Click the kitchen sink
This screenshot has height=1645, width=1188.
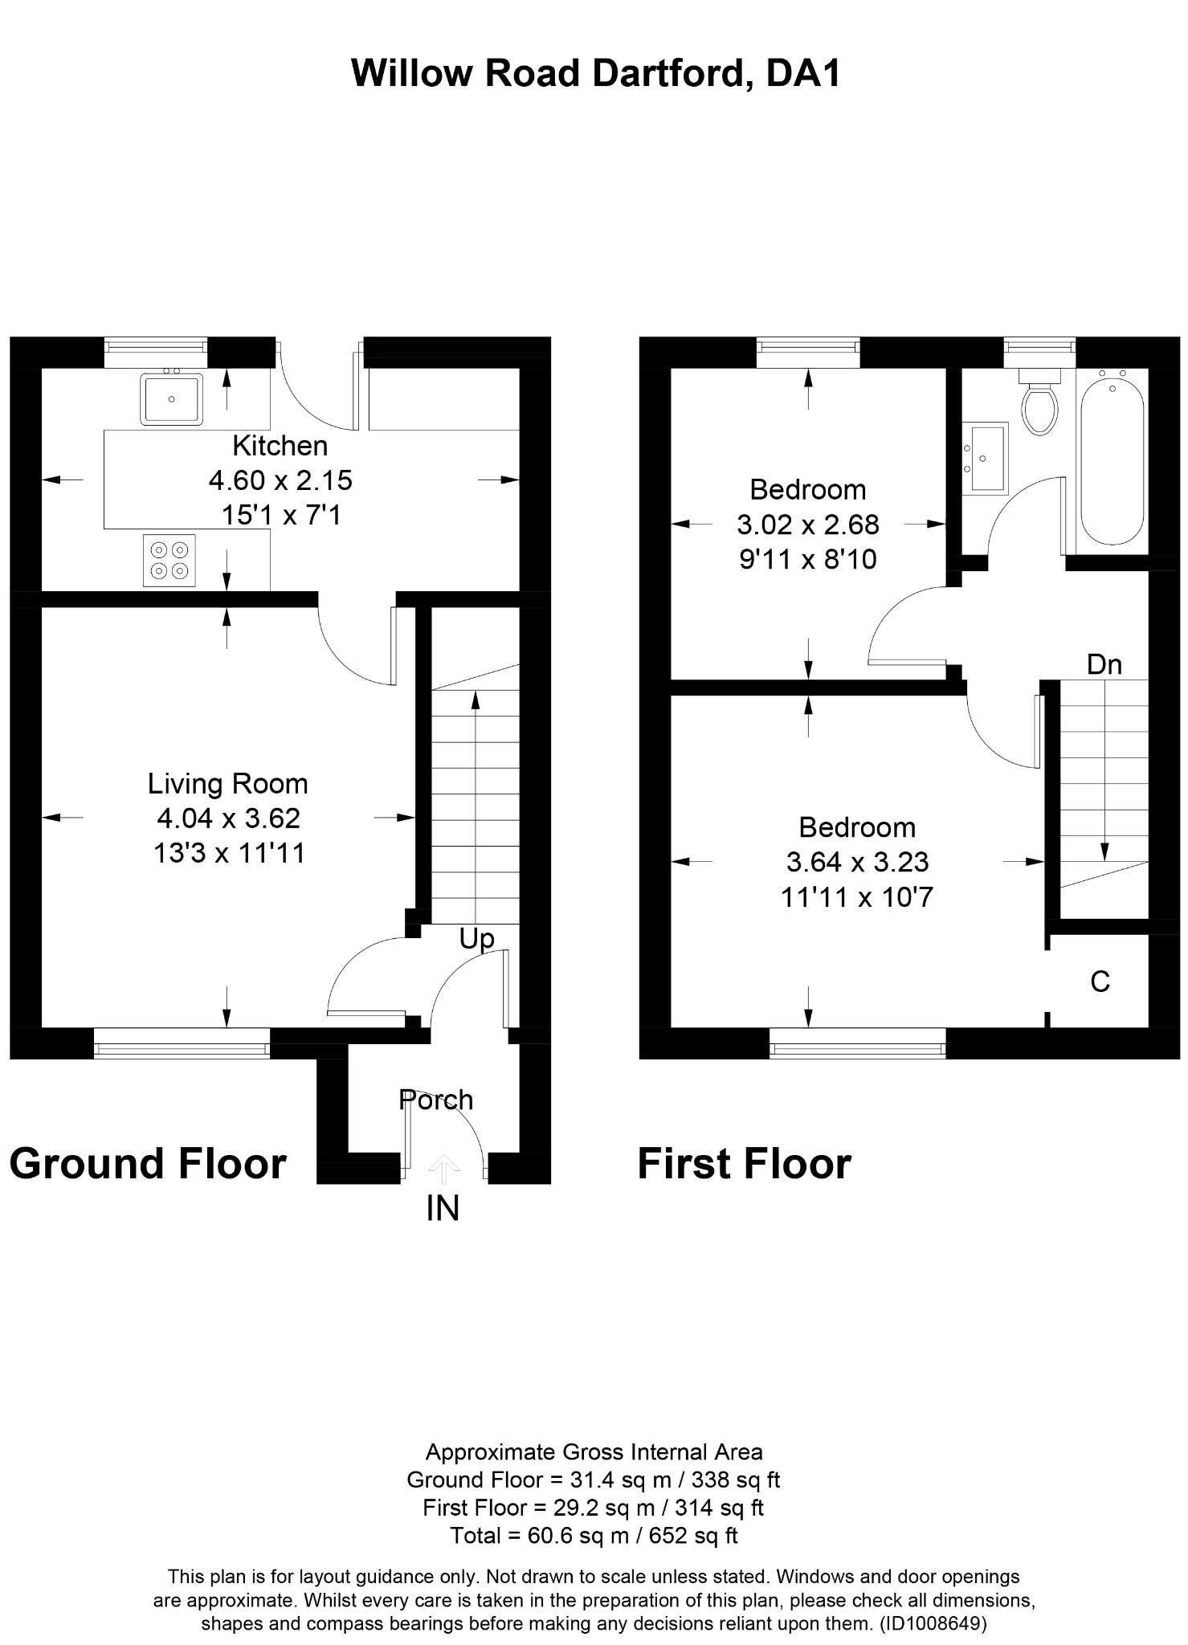coord(172,398)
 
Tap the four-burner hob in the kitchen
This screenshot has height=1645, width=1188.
coord(169,561)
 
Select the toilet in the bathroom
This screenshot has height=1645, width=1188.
coord(1039,402)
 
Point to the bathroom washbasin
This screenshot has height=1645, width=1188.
coord(984,458)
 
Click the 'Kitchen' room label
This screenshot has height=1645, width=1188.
coord(280,445)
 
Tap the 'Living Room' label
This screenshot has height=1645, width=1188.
coord(228,783)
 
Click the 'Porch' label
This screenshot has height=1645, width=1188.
coord(436,1100)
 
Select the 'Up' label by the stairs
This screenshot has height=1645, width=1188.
coord(477,939)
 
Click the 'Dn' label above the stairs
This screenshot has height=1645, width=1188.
coord(1104,664)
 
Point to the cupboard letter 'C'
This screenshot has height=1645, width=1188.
coord(1100,981)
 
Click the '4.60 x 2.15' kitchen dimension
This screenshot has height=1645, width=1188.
coord(280,480)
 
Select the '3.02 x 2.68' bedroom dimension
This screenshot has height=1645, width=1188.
coord(808,525)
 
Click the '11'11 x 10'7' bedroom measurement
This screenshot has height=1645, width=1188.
coord(857,896)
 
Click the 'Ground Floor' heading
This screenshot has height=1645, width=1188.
coord(148,1164)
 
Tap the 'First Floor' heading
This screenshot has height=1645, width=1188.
coord(745,1164)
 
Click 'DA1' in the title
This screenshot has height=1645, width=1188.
coord(803,74)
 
